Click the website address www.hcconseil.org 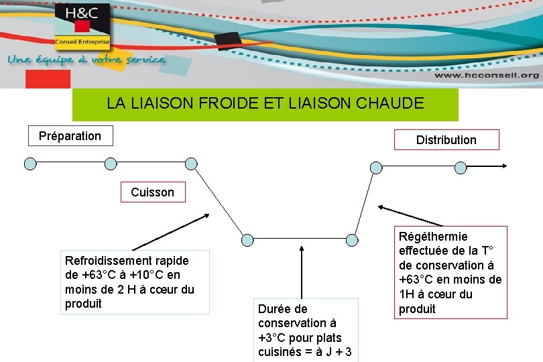[485, 76]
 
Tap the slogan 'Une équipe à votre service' [86, 60]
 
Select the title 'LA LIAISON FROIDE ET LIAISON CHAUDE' [265, 104]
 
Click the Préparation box [70, 136]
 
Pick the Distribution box [446, 139]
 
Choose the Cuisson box [152, 192]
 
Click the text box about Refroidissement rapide [137, 282]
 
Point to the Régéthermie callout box [450, 272]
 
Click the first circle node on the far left [29, 163]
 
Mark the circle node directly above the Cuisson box [191, 163]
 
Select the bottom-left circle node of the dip [247, 239]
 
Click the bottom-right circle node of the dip [353, 239]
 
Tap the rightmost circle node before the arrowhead [460, 167]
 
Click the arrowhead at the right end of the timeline [510, 167]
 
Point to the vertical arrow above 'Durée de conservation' [302, 271]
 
